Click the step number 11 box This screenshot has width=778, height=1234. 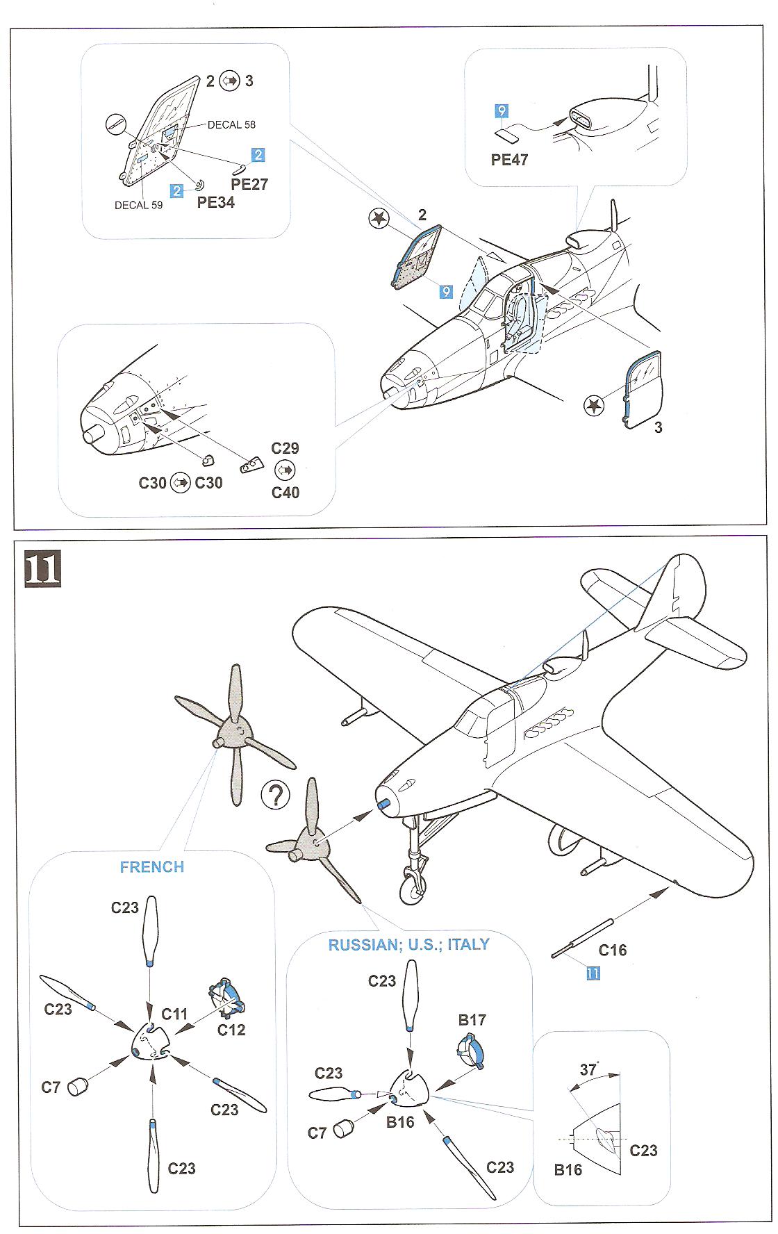tap(42, 569)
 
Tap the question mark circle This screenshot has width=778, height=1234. tap(276, 795)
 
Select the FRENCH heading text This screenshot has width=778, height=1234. tap(152, 867)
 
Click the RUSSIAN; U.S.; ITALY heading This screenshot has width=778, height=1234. tap(408, 945)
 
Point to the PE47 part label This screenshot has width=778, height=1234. tap(509, 160)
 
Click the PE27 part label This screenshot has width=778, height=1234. tap(249, 184)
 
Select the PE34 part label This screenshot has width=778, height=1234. tap(216, 202)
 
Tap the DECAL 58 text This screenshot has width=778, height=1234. tap(231, 124)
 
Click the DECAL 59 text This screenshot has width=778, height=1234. tap(138, 205)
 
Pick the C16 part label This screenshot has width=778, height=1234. tap(612, 951)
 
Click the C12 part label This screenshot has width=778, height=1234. tap(231, 1030)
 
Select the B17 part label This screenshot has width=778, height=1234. tap(472, 1020)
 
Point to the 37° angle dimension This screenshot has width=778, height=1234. tap(589, 1069)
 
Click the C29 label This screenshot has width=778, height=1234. tap(285, 448)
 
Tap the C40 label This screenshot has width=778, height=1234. tap(285, 493)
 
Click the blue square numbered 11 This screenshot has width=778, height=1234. tap(593, 973)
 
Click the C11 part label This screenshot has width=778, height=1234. tap(174, 1014)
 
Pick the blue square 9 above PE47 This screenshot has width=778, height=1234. tap(502, 110)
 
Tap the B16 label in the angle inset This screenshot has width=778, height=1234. tap(568, 1170)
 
